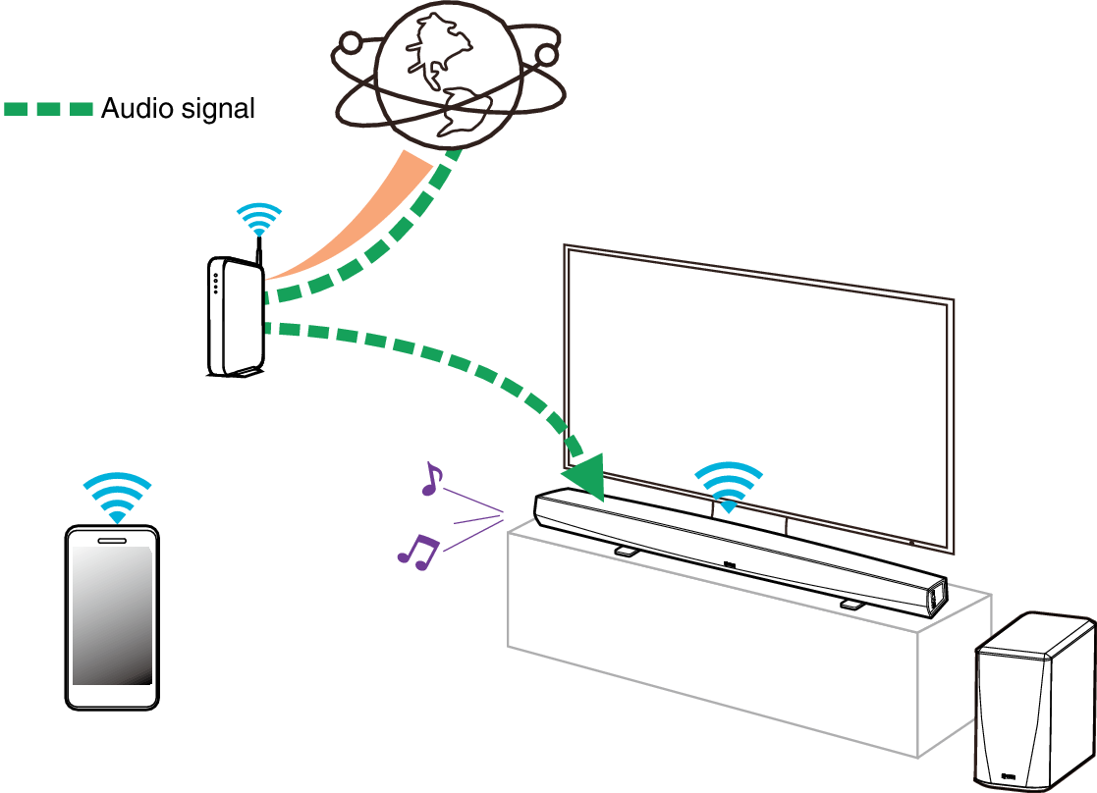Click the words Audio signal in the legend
coord(178,109)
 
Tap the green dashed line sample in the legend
coord(48,109)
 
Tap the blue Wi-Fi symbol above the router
coord(259,218)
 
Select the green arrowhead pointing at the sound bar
coord(586,476)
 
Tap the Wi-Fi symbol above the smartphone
coord(118,497)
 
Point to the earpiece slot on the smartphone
coord(112,539)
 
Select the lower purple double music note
coord(418,552)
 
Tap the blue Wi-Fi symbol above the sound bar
coord(729,487)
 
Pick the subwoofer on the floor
coord(1033,702)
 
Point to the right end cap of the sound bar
coord(936,599)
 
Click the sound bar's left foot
coord(625,552)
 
